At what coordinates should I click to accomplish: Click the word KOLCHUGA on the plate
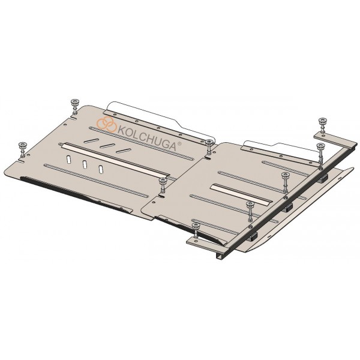coord(147,138)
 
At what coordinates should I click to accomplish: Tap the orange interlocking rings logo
coord(107,124)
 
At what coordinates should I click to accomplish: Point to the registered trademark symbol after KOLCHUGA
coord(179,143)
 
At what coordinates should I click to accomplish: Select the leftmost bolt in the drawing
coord(23,149)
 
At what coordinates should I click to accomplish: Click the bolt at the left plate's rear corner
coord(74,106)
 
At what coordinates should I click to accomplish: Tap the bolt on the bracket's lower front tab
coord(196,231)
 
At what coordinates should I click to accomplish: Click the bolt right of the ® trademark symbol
coord(209,147)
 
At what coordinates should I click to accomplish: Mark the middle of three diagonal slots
coord(107,146)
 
